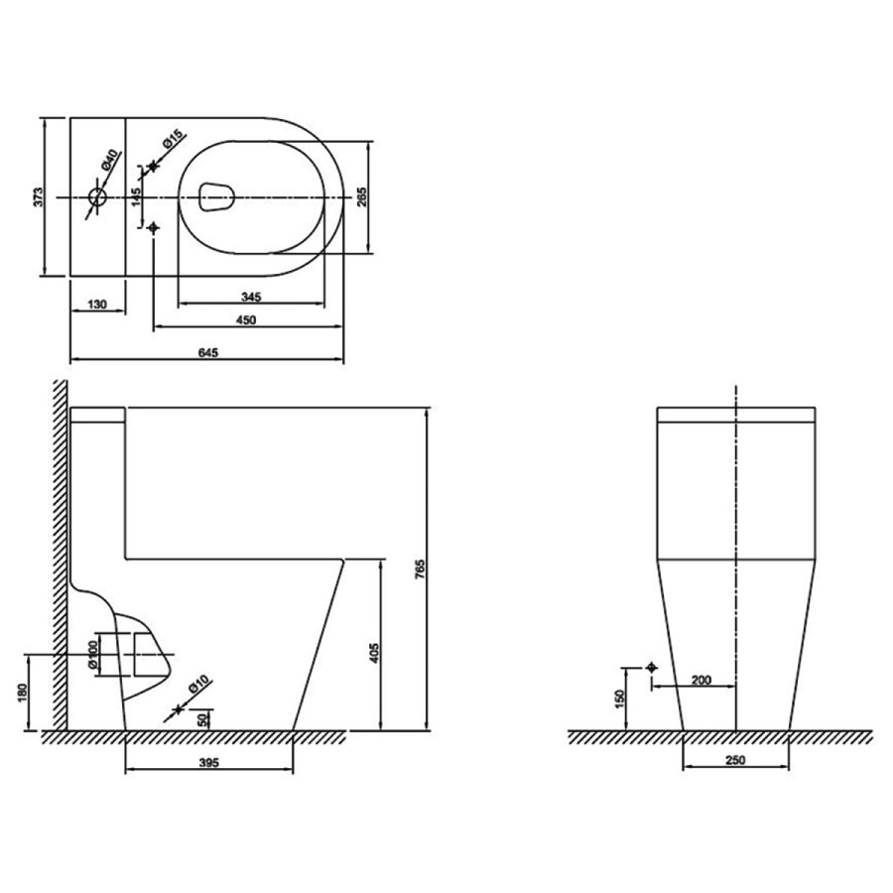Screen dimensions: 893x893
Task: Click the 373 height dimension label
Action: click(38, 196)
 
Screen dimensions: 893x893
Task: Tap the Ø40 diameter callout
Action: click(109, 160)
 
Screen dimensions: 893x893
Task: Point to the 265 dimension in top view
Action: click(361, 196)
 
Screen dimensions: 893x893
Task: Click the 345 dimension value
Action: click(251, 296)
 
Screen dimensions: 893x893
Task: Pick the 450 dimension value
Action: click(246, 319)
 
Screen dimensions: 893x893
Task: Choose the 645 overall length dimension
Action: click(208, 352)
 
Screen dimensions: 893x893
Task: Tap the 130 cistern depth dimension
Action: click(97, 305)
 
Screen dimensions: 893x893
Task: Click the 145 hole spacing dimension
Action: click(137, 197)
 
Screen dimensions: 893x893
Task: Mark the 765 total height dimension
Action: click(421, 570)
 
